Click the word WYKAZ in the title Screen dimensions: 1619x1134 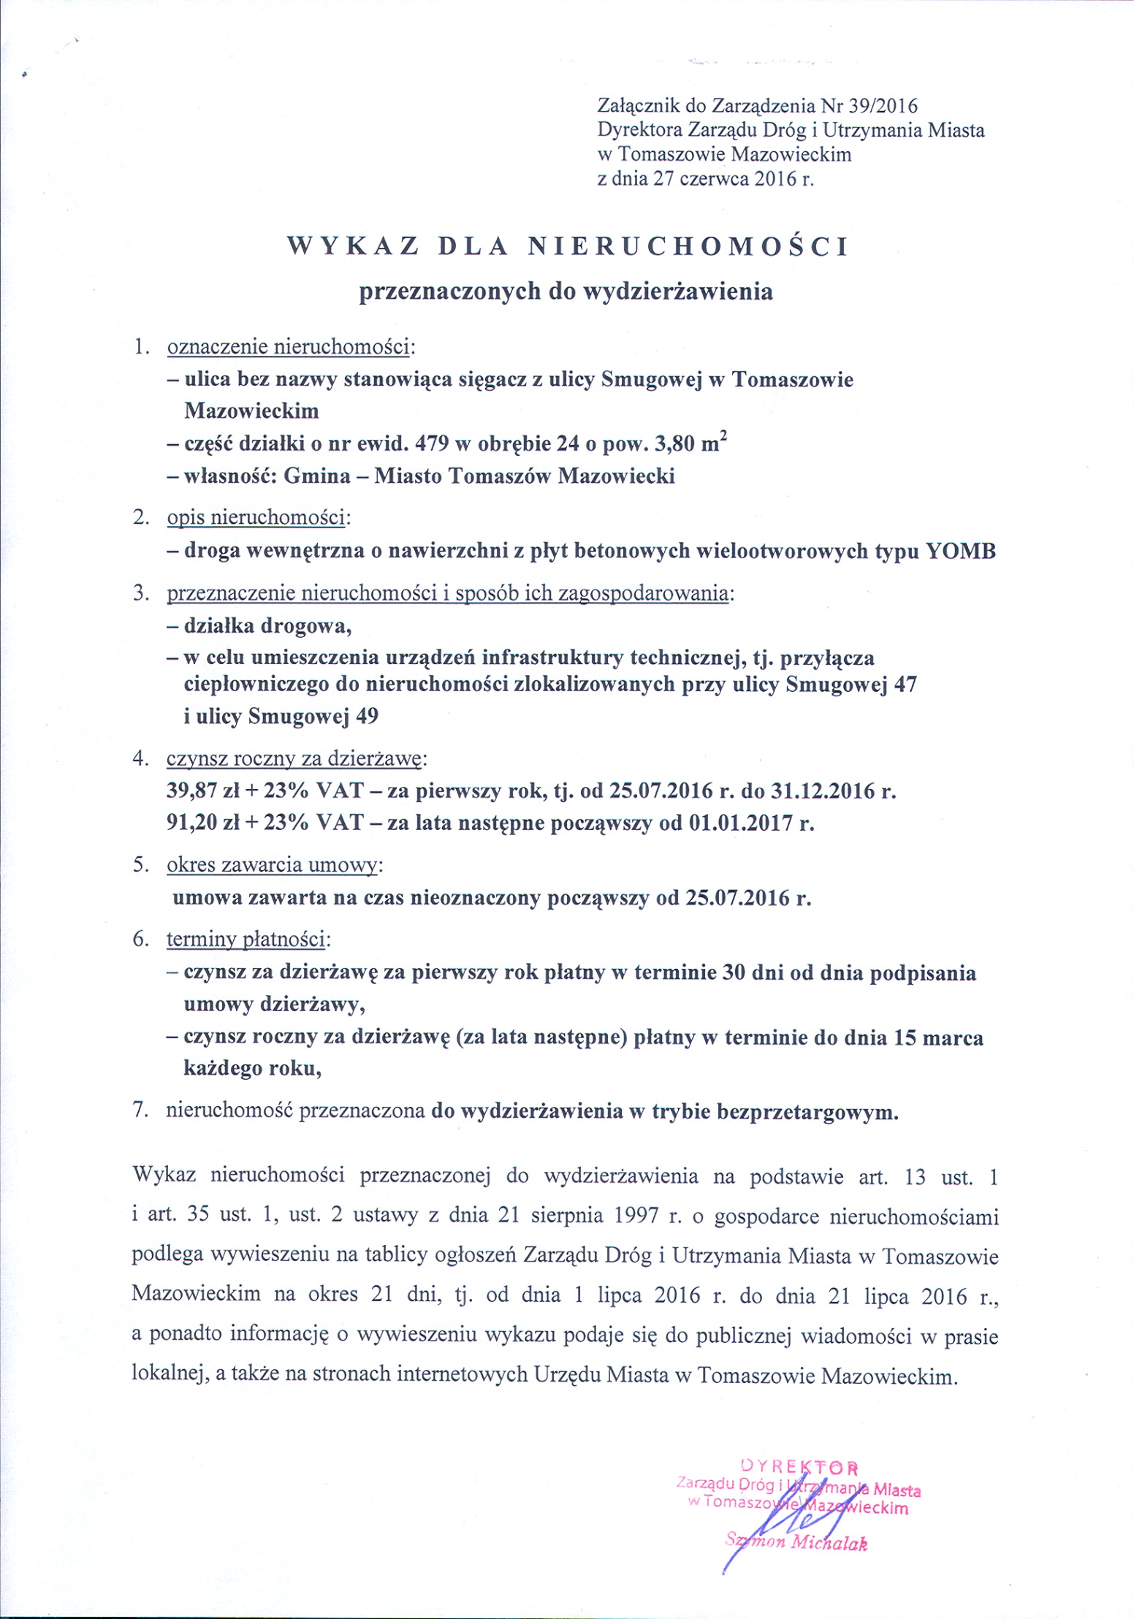[x=354, y=247]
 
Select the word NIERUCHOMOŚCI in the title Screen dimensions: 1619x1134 [x=688, y=247]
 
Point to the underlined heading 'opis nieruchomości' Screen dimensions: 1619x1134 [x=256, y=518]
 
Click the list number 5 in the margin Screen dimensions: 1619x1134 [x=140, y=865]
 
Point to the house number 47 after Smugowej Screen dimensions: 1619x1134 [x=904, y=685]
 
